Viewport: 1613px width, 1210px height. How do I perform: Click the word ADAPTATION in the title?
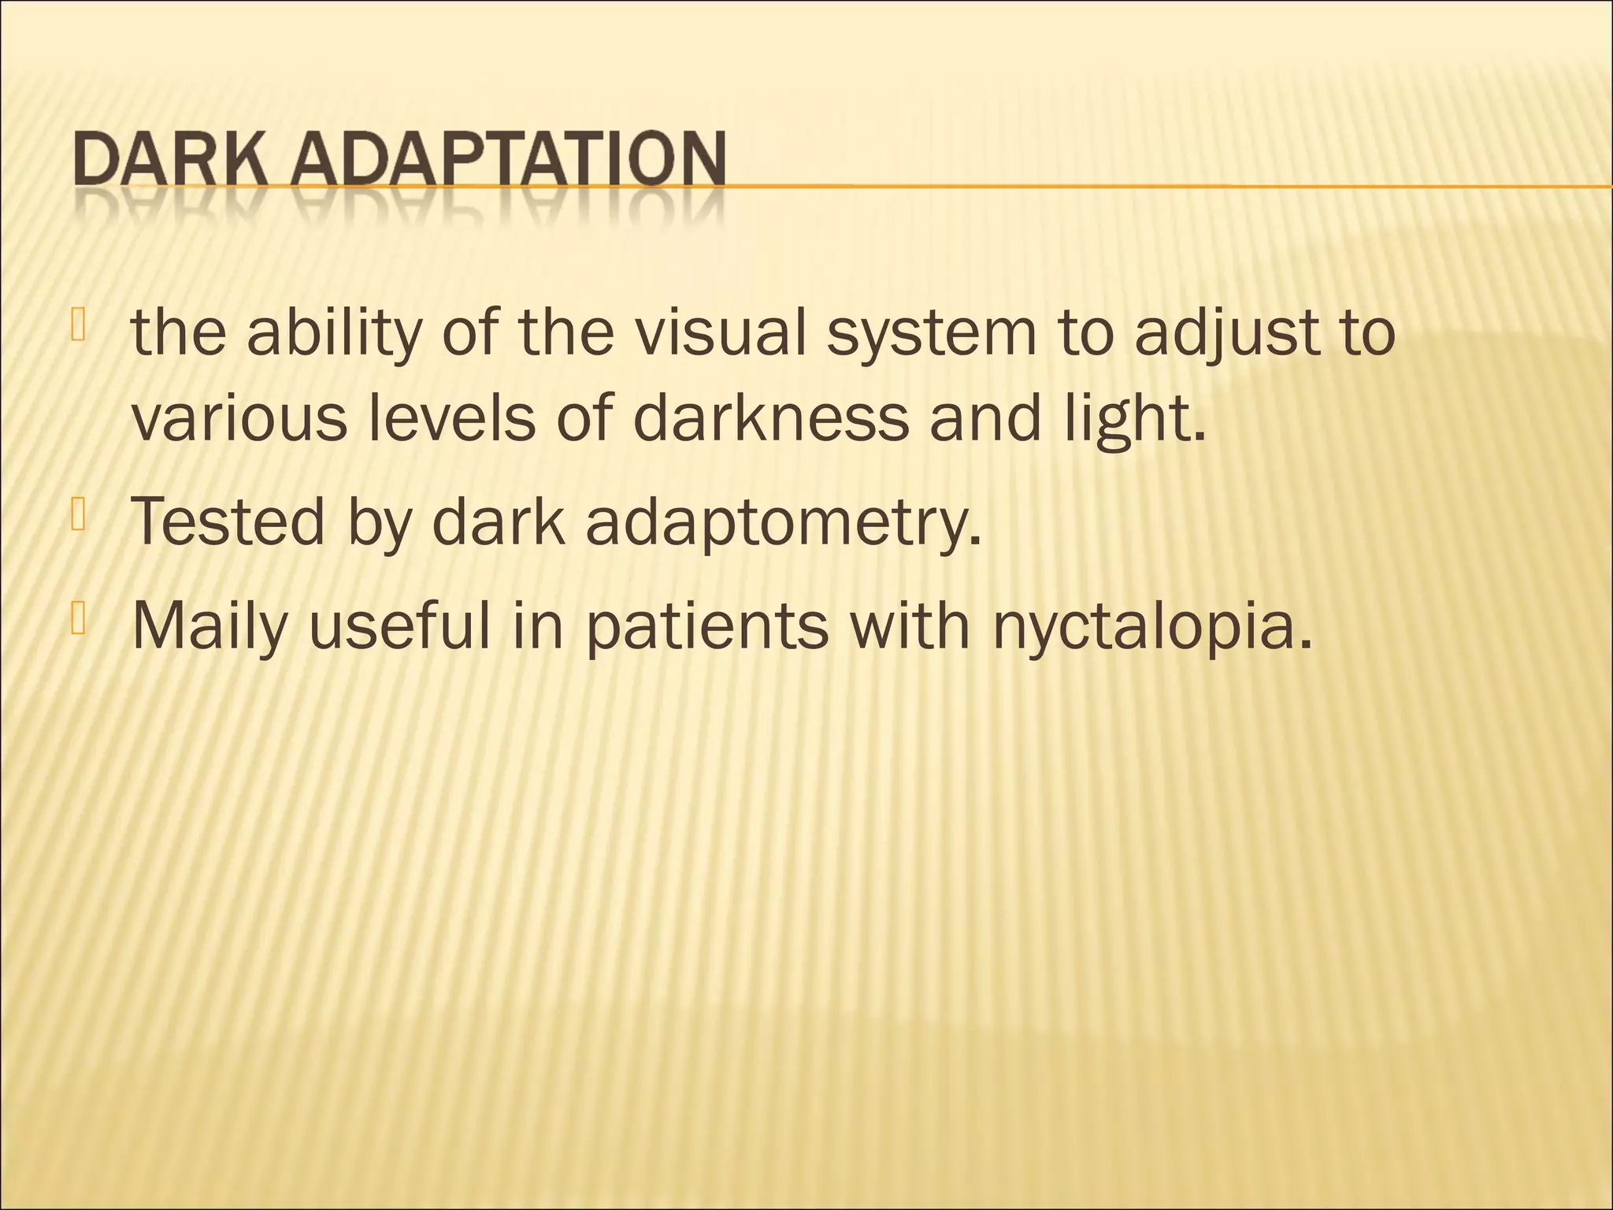tap(510, 161)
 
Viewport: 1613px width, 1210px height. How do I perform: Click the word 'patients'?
tap(706, 628)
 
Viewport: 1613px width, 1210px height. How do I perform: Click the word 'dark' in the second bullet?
tap(499, 521)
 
